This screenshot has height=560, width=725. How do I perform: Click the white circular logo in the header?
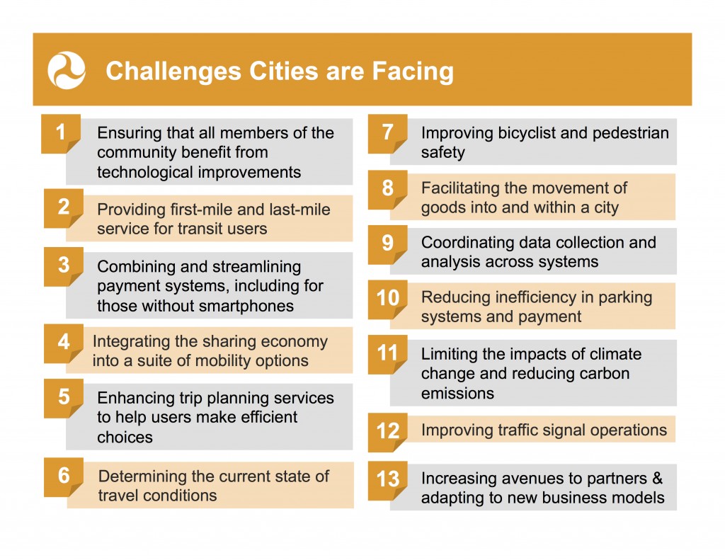(67, 70)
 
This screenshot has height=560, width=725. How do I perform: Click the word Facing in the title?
(413, 72)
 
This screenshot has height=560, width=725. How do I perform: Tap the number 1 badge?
(61, 134)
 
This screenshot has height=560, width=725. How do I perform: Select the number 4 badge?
(64, 343)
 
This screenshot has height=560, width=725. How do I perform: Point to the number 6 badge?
(64, 476)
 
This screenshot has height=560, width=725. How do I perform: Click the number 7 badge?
(387, 134)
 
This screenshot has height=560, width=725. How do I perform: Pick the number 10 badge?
(387, 299)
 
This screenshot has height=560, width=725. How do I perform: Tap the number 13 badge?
(387, 481)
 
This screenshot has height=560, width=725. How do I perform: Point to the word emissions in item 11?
(457, 394)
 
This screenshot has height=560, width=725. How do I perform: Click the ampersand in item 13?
(657, 478)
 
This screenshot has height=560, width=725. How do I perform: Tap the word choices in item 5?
(125, 438)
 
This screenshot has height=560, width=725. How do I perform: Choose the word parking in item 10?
(625, 298)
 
